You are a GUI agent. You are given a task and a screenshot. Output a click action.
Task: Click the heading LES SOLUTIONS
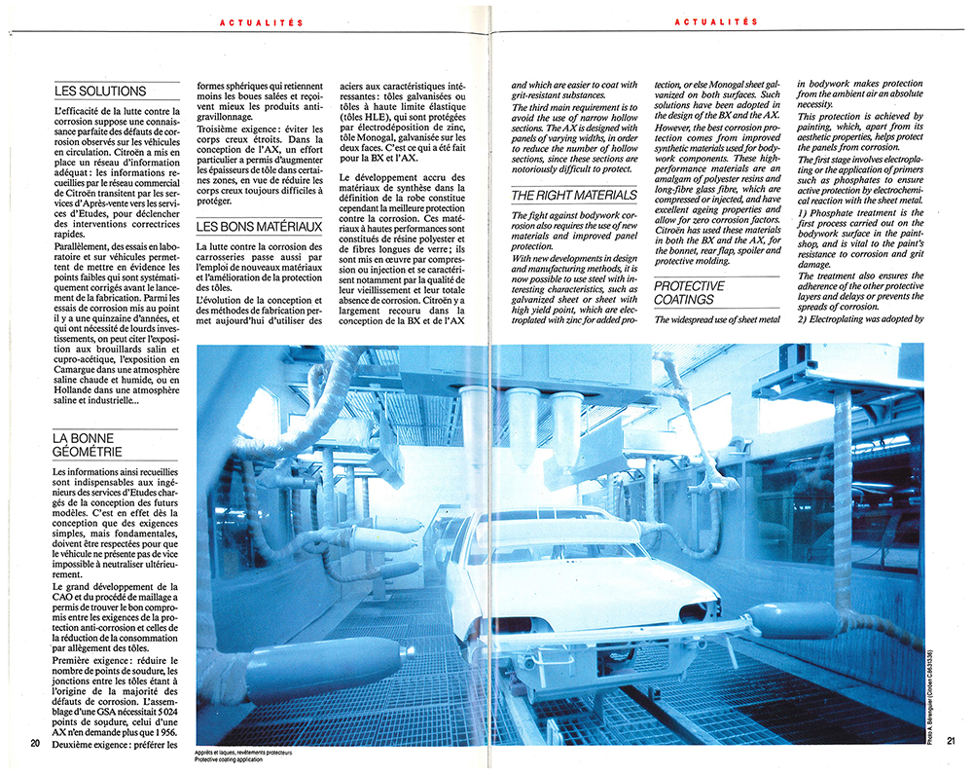pos(100,92)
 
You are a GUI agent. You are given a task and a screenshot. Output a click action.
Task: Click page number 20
pos(35,744)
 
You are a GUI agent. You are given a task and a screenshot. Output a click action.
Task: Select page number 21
pos(950,742)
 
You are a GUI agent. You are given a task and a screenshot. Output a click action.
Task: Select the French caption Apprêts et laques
pos(243,752)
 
